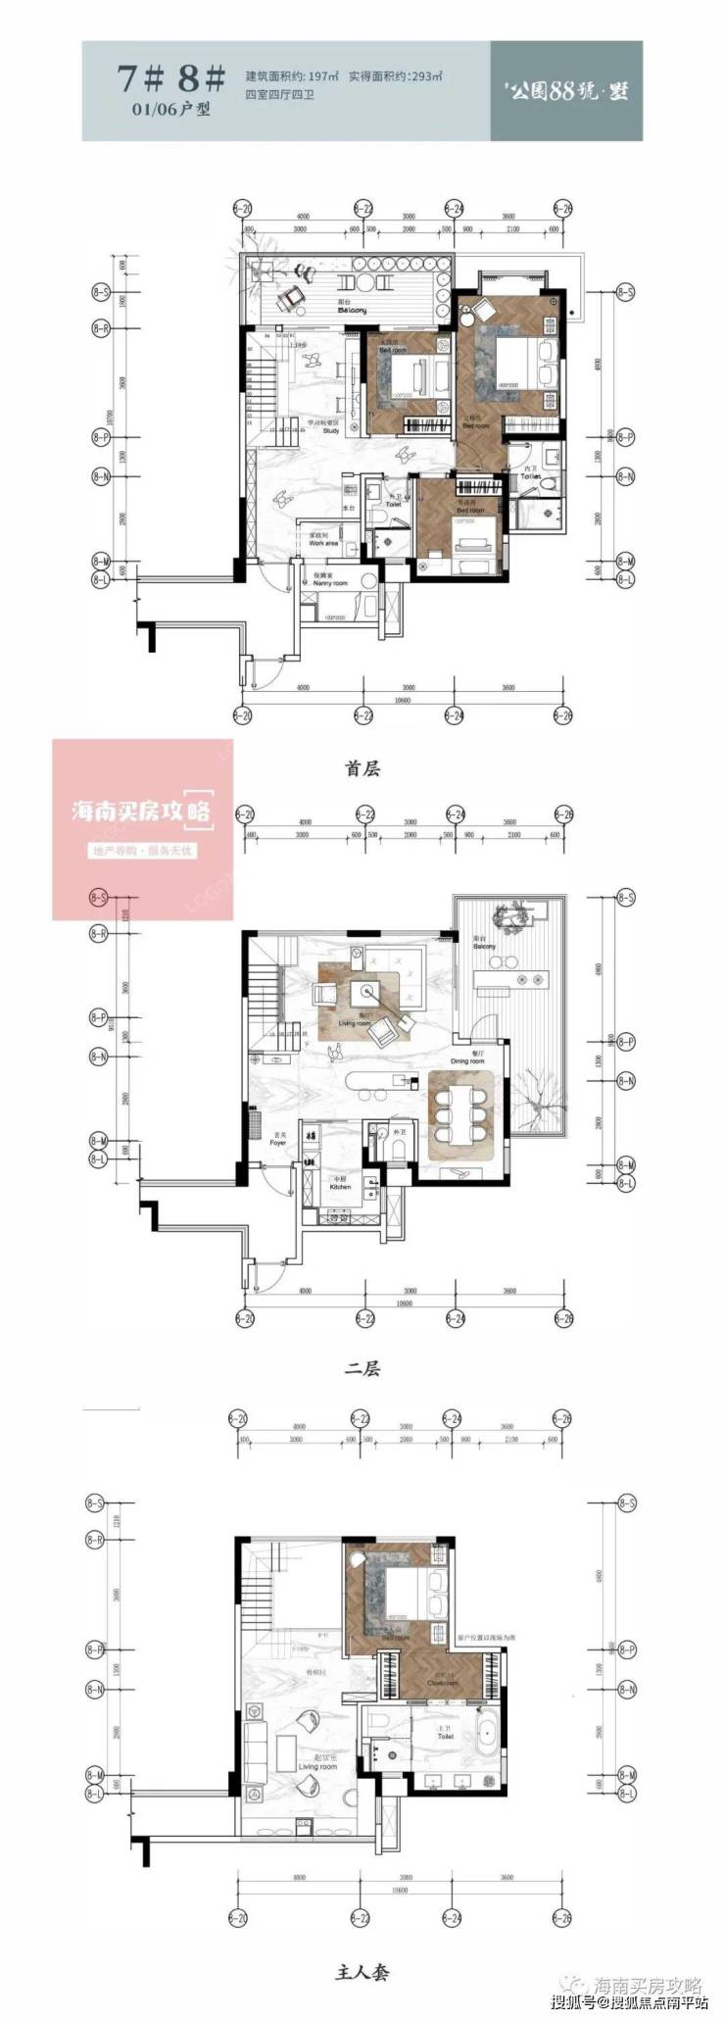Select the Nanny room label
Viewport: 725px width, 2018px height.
click(330, 582)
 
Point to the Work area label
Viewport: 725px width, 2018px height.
click(323, 542)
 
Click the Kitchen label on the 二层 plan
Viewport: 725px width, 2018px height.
click(339, 1186)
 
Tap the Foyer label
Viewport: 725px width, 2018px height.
click(278, 1141)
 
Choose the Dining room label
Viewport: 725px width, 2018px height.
click(467, 1060)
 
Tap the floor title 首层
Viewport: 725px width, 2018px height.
click(362, 769)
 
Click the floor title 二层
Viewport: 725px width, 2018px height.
click(362, 1368)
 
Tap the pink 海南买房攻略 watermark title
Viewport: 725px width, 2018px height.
click(142, 812)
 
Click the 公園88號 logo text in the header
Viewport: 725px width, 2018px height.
click(568, 89)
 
